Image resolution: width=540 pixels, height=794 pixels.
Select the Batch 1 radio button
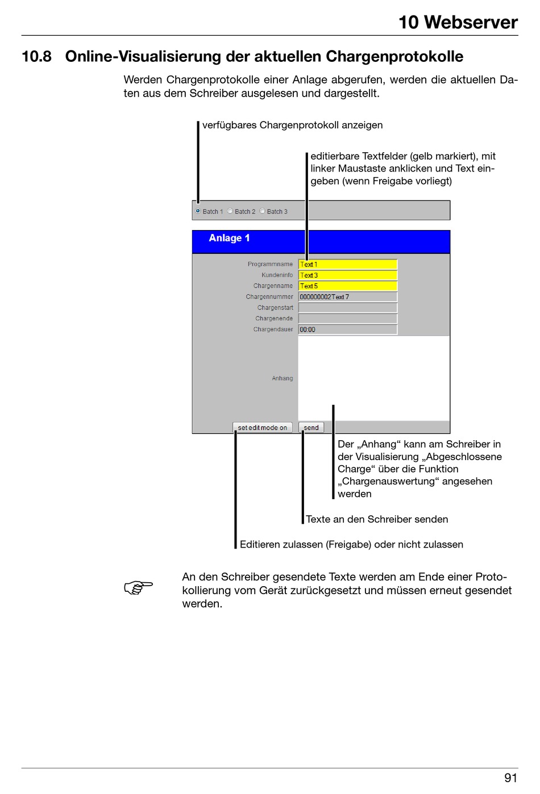pyautogui.click(x=198, y=211)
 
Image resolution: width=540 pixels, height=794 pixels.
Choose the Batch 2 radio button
pyautogui.click(x=230, y=211)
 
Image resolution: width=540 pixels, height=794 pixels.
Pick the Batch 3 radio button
pyautogui.click(x=262, y=211)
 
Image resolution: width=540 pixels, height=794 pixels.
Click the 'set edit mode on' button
pyautogui.click(x=262, y=428)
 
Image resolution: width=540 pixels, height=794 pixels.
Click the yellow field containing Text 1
pyautogui.click(x=347, y=264)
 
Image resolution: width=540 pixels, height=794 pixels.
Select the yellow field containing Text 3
pyautogui.click(x=347, y=275)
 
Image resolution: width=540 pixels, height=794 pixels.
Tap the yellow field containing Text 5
pyautogui.click(x=347, y=286)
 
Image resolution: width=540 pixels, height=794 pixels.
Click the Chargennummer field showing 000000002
pyautogui.click(x=347, y=296)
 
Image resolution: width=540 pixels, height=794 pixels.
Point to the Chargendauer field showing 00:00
pyautogui.click(x=347, y=329)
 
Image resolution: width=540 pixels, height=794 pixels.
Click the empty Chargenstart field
pyautogui.click(x=347, y=307)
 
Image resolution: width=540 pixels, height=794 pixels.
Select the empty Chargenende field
pyautogui.click(x=347, y=319)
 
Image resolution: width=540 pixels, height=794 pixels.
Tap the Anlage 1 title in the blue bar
pyautogui.click(x=229, y=238)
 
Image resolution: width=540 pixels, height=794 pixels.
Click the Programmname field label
pyautogui.click(x=270, y=264)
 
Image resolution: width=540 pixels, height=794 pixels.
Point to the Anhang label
pyautogui.click(x=282, y=378)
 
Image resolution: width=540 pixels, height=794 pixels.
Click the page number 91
pyautogui.click(x=510, y=778)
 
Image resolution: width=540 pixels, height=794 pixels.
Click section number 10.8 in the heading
pyautogui.click(x=36, y=57)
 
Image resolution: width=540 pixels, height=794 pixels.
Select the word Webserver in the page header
pyautogui.click(x=471, y=22)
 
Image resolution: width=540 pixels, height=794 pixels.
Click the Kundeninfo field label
pyautogui.click(x=277, y=275)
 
